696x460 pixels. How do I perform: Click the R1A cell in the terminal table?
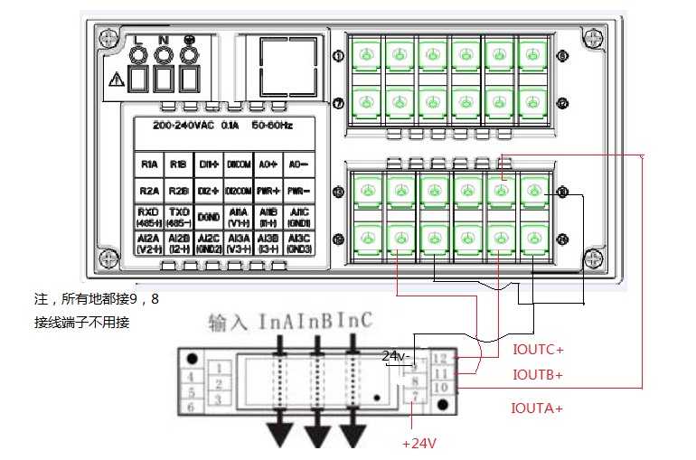tap(149, 165)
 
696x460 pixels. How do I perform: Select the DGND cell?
tap(207, 217)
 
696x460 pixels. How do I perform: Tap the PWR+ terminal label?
tap(268, 192)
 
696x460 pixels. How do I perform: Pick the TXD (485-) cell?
tap(178, 217)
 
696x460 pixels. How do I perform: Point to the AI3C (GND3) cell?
tap(297, 243)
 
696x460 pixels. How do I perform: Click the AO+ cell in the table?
tap(268, 165)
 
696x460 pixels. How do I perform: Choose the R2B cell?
tap(178, 192)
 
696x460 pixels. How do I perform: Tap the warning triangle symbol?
tap(115, 80)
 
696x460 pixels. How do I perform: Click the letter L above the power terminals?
tap(139, 41)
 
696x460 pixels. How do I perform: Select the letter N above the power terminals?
tap(164, 41)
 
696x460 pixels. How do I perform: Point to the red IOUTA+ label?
tap(538, 408)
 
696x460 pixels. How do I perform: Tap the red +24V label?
tap(419, 444)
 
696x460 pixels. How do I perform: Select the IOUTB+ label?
tap(538, 374)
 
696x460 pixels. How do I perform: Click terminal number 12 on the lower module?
tap(441, 360)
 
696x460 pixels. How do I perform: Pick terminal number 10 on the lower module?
tap(441, 387)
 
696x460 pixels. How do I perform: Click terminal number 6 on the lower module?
tap(191, 408)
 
